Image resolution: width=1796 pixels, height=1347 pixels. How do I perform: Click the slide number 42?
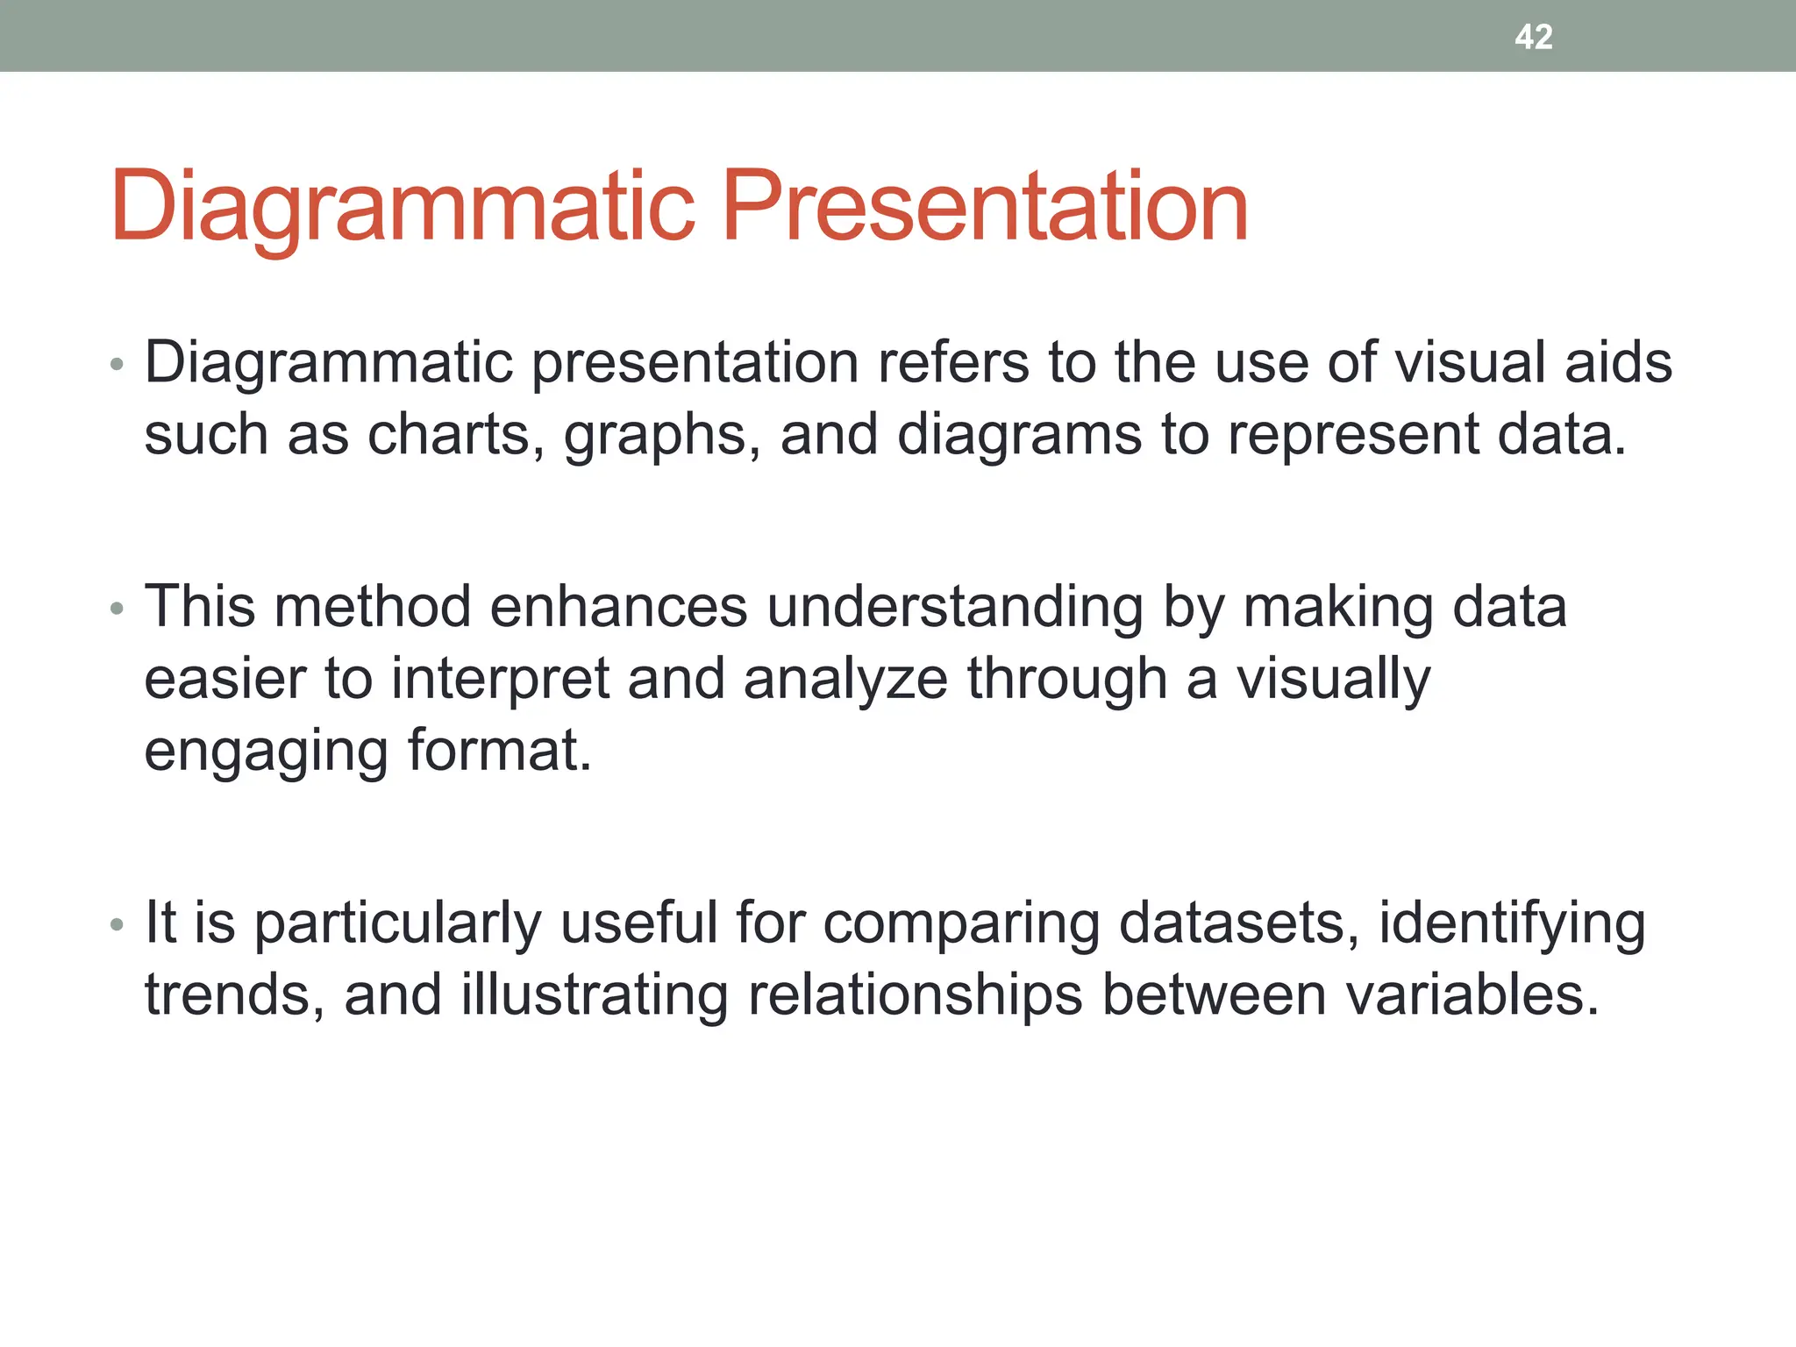pos(1534,37)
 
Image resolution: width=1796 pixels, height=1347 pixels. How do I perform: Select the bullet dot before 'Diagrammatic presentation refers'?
pos(118,364)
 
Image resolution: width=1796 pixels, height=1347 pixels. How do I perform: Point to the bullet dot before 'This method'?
pos(118,609)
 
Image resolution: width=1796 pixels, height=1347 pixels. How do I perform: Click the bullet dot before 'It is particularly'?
pos(118,924)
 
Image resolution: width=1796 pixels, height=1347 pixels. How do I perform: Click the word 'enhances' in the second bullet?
pos(618,607)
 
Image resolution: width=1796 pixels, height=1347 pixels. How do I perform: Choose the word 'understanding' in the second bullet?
pos(955,609)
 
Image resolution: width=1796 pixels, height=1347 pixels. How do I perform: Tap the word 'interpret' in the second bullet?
pos(500,680)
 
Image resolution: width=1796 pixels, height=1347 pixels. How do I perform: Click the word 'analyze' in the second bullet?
pos(845,680)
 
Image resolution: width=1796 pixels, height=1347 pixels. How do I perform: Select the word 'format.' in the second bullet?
pos(500,752)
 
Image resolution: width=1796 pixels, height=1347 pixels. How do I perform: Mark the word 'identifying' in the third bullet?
pos(1512,925)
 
